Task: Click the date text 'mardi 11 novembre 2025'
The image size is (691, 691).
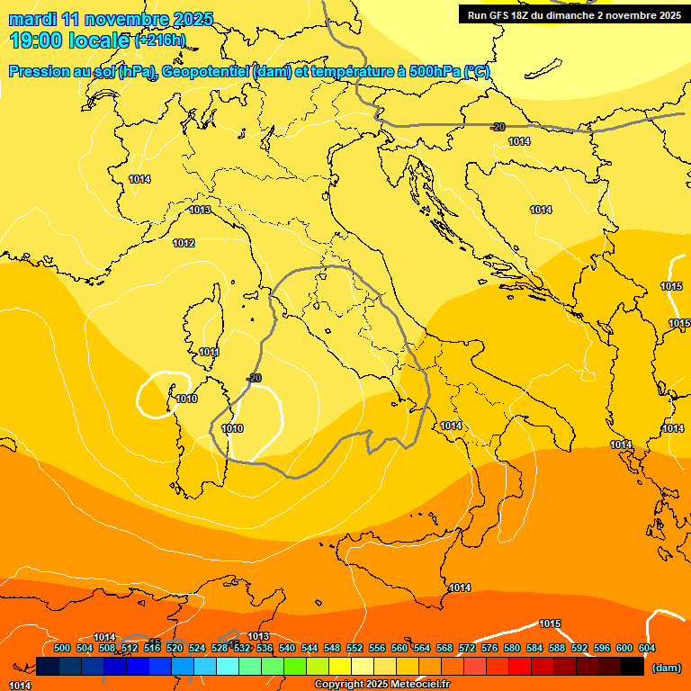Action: [111, 19]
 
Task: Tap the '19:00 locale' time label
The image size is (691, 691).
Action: [70, 40]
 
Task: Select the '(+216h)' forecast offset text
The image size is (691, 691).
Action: [160, 40]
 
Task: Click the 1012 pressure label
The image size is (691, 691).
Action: [184, 243]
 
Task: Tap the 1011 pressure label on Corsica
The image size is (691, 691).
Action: [210, 352]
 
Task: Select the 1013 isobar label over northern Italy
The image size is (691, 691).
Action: [200, 210]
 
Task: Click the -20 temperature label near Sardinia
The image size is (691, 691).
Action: [254, 378]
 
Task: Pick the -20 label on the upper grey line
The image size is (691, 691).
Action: [498, 127]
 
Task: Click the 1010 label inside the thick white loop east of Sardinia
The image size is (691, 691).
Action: [232, 428]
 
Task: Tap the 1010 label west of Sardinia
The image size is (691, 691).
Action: [186, 399]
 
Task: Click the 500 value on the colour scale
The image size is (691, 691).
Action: [62, 648]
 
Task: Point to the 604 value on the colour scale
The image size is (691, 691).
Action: [646, 648]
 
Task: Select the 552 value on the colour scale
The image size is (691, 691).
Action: [354, 648]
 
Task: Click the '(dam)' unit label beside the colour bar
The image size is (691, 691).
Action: [666, 668]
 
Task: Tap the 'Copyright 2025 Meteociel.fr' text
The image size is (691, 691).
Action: [381, 685]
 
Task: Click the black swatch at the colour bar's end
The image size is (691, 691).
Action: [633, 667]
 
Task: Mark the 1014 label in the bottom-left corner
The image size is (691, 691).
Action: [20, 686]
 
